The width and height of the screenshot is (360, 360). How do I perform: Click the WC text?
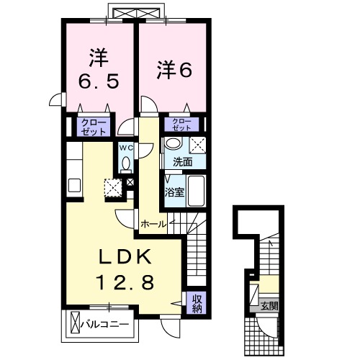click(126, 148)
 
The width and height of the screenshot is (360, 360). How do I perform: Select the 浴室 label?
click(175, 192)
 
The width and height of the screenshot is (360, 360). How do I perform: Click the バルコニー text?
click(108, 324)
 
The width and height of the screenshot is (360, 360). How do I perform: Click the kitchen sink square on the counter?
click(75, 185)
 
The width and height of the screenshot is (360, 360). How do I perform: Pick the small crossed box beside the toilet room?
click(130, 182)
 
